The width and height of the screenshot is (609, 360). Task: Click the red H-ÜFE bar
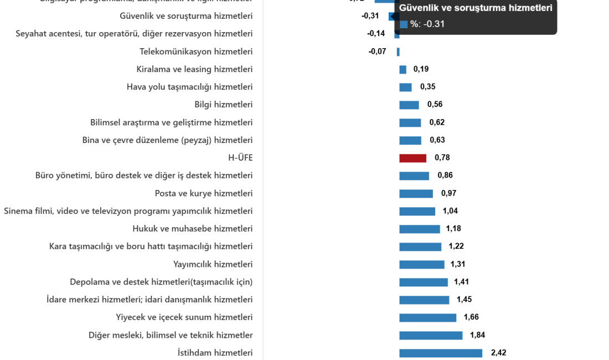[413, 158]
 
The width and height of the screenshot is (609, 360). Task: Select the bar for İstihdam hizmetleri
[441, 353]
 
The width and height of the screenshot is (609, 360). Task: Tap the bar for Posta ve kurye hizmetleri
[416, 194]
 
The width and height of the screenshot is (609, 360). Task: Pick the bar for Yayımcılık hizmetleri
[422, 265]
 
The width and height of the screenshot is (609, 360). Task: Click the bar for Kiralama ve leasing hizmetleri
[402, 70]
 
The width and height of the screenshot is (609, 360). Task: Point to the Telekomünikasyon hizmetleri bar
[398, 52]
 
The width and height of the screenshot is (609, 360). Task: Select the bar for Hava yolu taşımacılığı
[405, 88]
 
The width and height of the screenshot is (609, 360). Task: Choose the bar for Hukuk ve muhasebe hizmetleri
[420, 229]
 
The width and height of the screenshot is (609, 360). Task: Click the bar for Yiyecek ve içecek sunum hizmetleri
[428, 318]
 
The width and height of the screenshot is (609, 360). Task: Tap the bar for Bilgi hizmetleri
[409, 105]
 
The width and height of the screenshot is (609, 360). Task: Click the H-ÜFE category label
[240, 158]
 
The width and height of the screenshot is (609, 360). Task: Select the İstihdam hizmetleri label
[215, 353]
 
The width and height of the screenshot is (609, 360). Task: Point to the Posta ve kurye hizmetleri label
[204, 193]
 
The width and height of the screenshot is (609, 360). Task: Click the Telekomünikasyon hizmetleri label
[196, 52]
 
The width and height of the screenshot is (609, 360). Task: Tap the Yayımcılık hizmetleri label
[213, 264]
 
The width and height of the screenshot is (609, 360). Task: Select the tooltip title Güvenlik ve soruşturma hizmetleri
[476, 8]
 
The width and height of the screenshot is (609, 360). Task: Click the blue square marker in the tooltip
[404, 24]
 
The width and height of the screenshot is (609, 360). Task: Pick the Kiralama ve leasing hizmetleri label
[194, 69]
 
